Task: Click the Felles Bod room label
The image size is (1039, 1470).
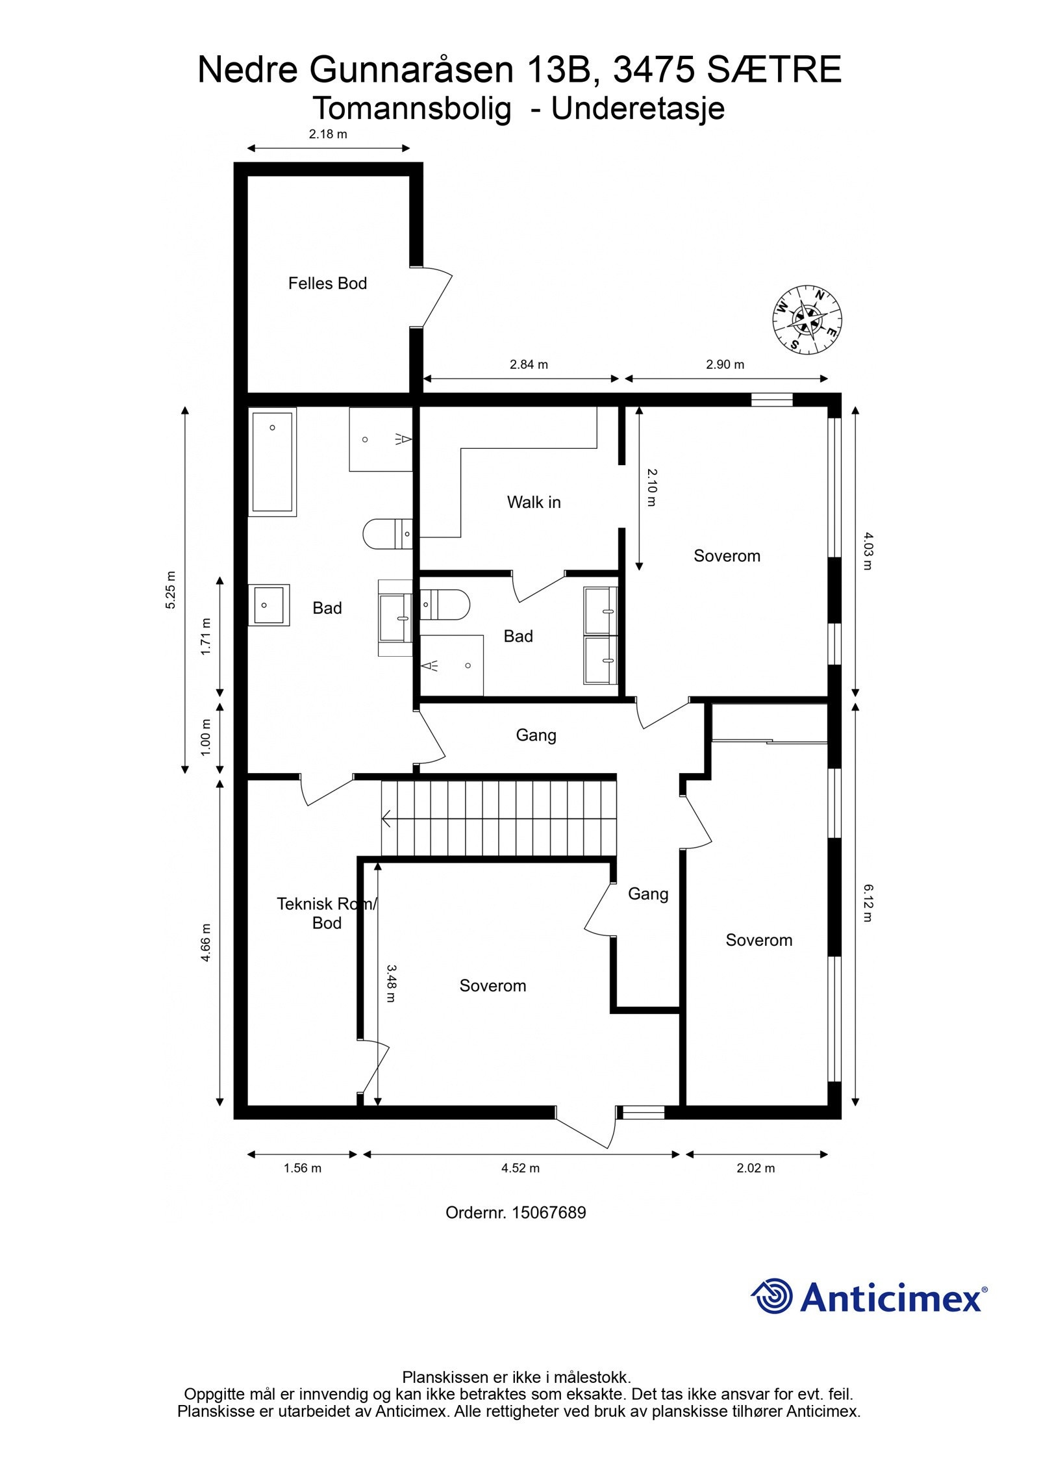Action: [327, 283]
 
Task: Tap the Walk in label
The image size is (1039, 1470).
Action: [533, 502]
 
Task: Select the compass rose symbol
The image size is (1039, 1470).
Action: [807, 320]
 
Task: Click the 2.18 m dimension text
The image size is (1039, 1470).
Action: [328, 134]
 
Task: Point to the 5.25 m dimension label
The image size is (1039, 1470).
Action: [171, 590]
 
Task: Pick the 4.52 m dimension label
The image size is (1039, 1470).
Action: [520, 1168]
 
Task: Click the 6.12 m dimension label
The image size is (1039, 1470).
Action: [868, 903]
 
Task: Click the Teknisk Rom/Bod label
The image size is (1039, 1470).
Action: [327, 913]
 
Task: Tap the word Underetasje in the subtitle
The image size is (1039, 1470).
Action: [638, 108]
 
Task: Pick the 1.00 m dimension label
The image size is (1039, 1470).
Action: [206, 737]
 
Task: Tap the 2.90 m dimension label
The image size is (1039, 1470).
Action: [725, 364]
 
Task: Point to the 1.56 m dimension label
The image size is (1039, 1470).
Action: [303, 1168]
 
